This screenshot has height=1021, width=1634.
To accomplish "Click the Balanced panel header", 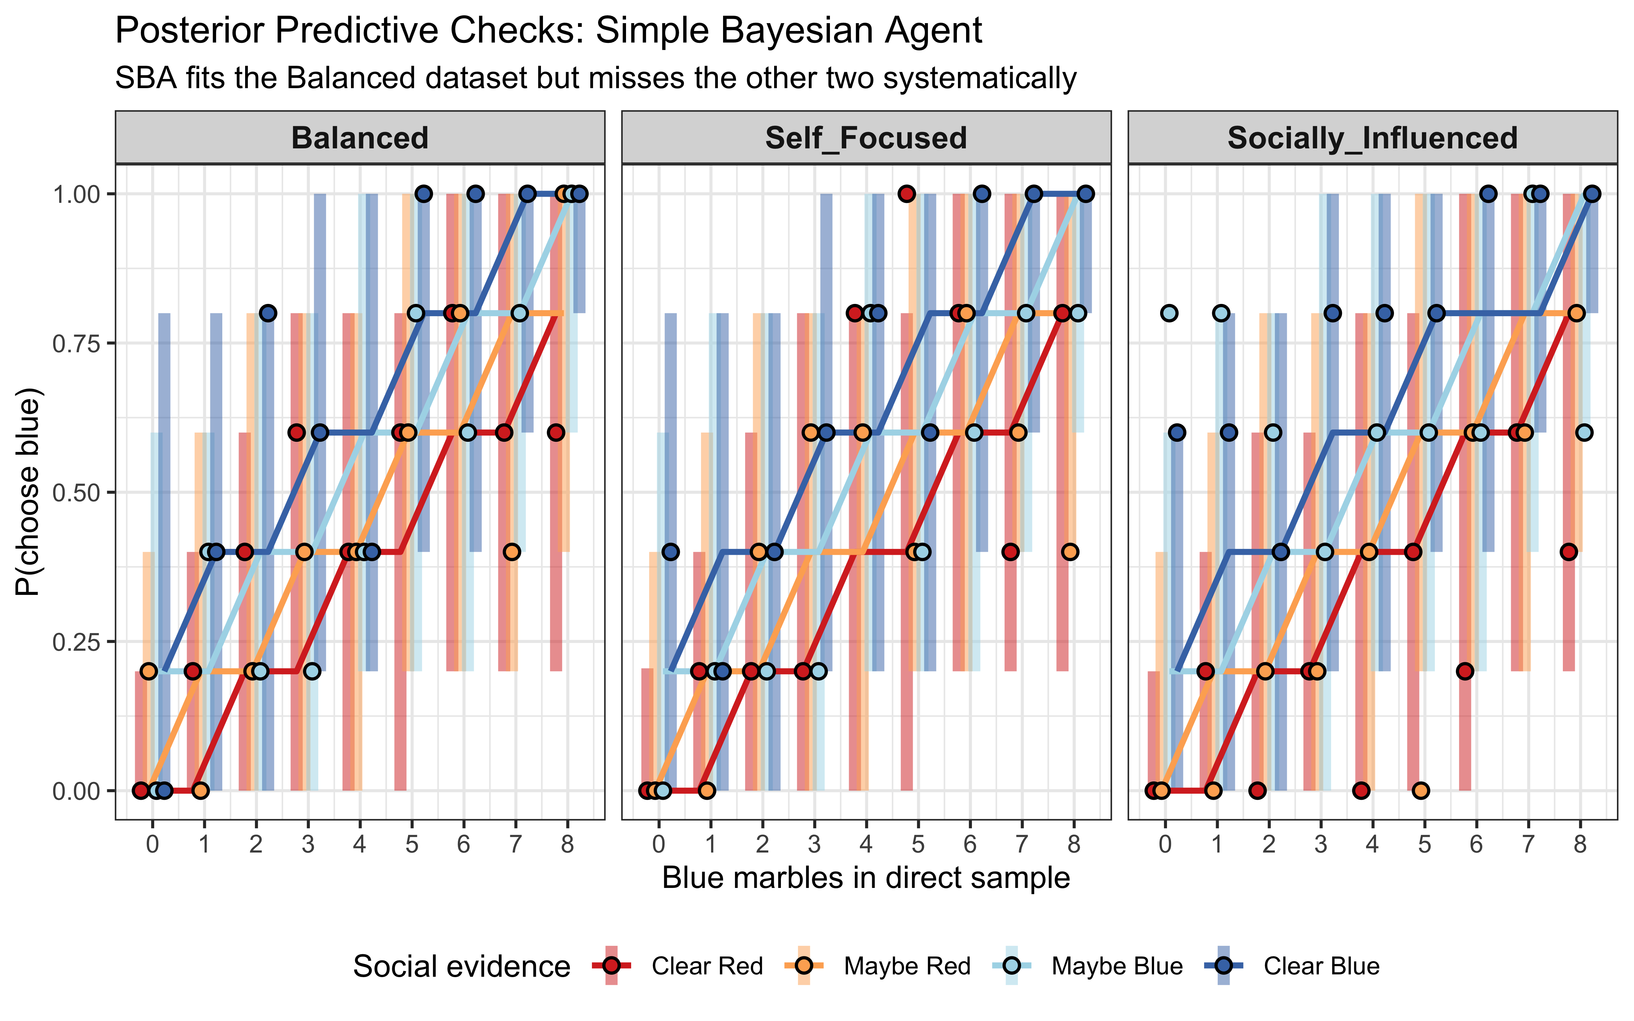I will [360, 138].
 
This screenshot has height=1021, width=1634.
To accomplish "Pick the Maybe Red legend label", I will [907, 966].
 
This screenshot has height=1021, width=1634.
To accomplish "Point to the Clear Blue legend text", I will [1321, 966].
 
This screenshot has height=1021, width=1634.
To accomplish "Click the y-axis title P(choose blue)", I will [28, 491].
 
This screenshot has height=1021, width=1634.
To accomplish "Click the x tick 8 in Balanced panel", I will [567, 844].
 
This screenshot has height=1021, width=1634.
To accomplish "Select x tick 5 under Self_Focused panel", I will [918, 844].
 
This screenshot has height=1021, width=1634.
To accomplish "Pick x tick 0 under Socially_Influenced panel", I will [1165, 844].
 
